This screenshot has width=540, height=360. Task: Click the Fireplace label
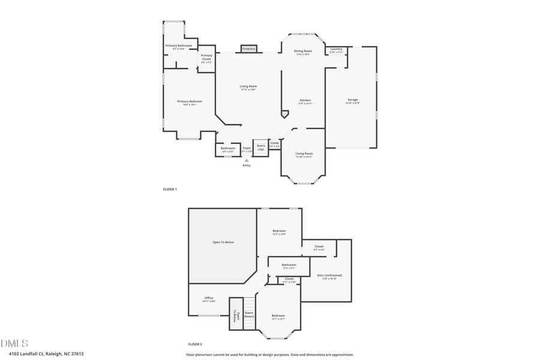coord(249,49)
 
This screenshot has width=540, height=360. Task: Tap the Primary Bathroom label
coord(179,46)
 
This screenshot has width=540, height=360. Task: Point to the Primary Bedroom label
coord(190,101)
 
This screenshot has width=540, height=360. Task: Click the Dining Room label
coord(303,52)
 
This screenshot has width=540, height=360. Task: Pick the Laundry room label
coord(336,49)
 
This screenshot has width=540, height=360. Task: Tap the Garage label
coord(353,100)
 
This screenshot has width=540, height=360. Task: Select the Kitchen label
coord(305,100)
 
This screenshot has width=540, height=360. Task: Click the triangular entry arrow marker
coord(247,160)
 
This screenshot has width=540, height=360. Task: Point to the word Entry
coord(247,166)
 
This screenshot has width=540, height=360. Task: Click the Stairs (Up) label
coord(261,147)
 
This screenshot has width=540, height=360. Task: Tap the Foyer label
coord(247,148)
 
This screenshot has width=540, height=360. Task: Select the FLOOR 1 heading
coord(170,189)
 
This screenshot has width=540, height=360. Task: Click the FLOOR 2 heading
coord(195,344)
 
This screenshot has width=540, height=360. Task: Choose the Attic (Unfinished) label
coord(329,275)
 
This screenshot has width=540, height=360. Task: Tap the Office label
coord(209,298)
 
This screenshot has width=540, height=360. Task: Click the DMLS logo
coord(14,343)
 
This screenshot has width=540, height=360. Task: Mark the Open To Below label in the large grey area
coord(223,242)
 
